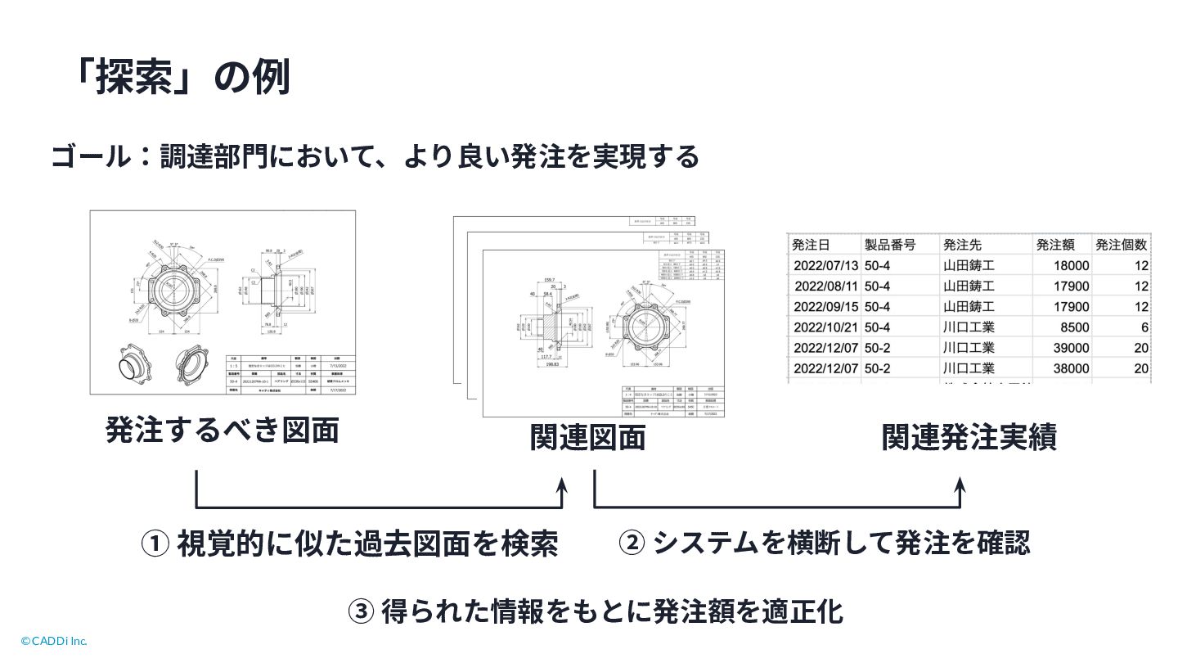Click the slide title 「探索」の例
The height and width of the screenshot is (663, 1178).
tap(180, 79)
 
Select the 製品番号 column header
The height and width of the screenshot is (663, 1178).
tap(890, 245)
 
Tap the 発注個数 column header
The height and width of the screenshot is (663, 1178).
tap(1122, 245)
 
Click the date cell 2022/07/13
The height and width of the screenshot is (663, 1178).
tap(826, 265)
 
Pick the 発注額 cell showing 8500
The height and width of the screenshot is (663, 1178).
tap(1073, 327)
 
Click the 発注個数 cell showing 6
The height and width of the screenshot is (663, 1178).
tap(1144, 327)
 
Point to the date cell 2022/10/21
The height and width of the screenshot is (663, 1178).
tap(826, 327)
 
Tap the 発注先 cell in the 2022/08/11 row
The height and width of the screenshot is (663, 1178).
tap(969, 286)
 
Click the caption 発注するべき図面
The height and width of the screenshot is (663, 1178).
tap(222, 431)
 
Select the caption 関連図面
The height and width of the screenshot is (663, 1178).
tap(587, 438)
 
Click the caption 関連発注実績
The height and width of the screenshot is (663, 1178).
tap(969, 438)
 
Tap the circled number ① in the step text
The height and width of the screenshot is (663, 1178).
tap(155, 543)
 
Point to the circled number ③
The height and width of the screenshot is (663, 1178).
tap(361, 611)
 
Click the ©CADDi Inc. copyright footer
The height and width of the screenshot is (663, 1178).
tap(54, 641)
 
